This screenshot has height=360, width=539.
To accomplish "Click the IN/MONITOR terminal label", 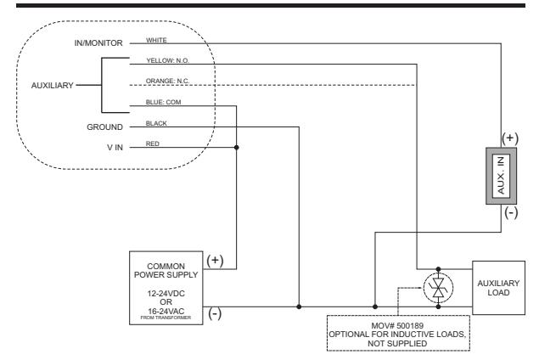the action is coord(98,43).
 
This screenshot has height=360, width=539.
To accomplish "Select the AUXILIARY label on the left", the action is coord(53,85).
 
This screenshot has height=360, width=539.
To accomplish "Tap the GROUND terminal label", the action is coord(104,127).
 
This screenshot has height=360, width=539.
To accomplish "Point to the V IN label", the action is coord(115,148).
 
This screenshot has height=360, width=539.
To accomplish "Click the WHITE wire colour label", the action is coord(156,40).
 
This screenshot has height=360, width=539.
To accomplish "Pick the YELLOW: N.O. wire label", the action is coord(168,60).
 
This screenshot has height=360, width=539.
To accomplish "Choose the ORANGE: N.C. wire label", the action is coord(167,82).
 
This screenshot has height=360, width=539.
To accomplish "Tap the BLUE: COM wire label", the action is coord(163,102).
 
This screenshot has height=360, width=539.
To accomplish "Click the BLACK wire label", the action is coord(156,123).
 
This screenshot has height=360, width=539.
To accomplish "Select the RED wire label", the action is coord(153,143).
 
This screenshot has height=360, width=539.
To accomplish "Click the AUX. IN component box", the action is coord(501,176).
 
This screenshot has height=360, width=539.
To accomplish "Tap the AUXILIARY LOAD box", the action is coord(498,288).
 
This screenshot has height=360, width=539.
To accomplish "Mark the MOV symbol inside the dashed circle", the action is coord(438,288).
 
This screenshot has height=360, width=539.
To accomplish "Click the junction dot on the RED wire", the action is coord(237,148).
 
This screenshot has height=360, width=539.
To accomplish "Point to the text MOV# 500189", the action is coord(397,326).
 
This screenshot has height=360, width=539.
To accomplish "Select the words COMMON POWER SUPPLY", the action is coord(166,271).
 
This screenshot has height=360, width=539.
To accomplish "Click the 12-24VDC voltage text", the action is coord(166,294).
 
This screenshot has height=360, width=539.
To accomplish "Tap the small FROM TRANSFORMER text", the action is coord(166,318).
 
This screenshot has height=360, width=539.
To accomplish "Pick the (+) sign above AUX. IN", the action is coord(510,138).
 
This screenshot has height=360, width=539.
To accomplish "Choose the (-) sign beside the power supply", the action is coord(215,313).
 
